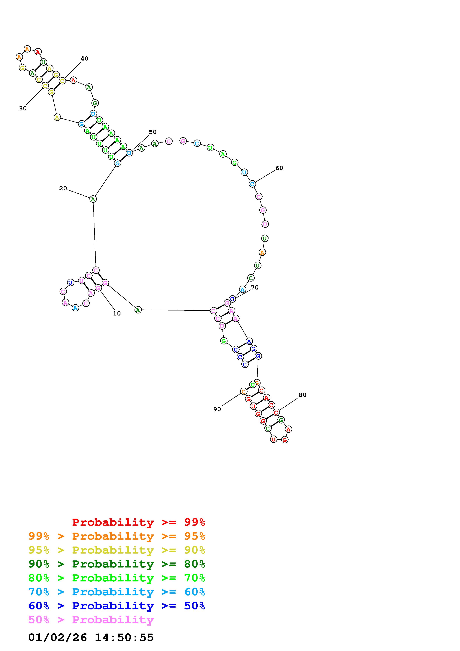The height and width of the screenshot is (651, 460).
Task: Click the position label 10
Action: (117, 314)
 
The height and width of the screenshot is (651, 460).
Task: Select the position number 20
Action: (63, 189)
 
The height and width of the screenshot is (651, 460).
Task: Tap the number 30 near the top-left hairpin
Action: (23, 109)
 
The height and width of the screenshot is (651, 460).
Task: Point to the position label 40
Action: (84, 59)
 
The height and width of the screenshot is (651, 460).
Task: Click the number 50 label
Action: (153, 132)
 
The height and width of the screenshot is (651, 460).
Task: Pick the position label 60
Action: (279, 168)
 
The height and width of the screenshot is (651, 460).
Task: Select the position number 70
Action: (255, 287)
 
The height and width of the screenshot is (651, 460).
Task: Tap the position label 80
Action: (302, 395)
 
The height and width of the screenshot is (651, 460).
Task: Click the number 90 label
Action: (217, 409)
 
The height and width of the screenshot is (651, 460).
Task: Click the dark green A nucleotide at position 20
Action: (93, 199)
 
